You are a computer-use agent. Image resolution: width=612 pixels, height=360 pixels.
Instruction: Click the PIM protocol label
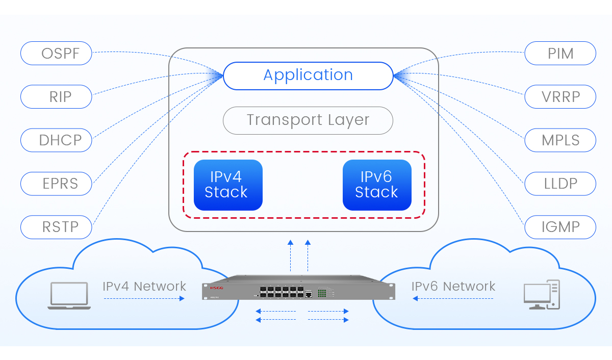(x=560, y=53)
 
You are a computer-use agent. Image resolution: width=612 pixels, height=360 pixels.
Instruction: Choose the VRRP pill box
(x=560, y=96)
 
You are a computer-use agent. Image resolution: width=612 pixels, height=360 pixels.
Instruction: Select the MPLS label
(x=560, y=140)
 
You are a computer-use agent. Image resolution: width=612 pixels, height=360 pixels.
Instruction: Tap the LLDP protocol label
(x=560, y=183)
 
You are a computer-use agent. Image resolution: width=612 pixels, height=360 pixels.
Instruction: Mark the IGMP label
(x=560, y=227)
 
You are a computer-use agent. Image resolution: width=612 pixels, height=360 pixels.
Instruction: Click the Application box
(x=308, y=75)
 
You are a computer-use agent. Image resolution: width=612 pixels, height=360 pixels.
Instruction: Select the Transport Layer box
(x=308, y=120)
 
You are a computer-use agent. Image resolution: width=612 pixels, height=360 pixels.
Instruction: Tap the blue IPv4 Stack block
(x=228, y=185)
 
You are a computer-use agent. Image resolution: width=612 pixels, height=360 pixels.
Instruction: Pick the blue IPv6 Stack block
(x=377, y=185)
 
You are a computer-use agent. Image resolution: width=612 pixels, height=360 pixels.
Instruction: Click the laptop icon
(x=69, y=296)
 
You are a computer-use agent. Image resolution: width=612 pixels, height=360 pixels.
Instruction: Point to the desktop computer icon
(x=542, y=295)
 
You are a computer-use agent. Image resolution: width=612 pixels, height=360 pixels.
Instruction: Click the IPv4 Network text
(x=144, y=287)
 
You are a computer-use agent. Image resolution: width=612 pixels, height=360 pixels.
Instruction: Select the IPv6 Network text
(x=453, y=287)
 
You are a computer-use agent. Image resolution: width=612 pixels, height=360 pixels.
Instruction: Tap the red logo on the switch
(x=217, y=287)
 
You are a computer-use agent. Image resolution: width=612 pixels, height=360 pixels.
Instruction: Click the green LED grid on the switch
(x=322, y=293)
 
